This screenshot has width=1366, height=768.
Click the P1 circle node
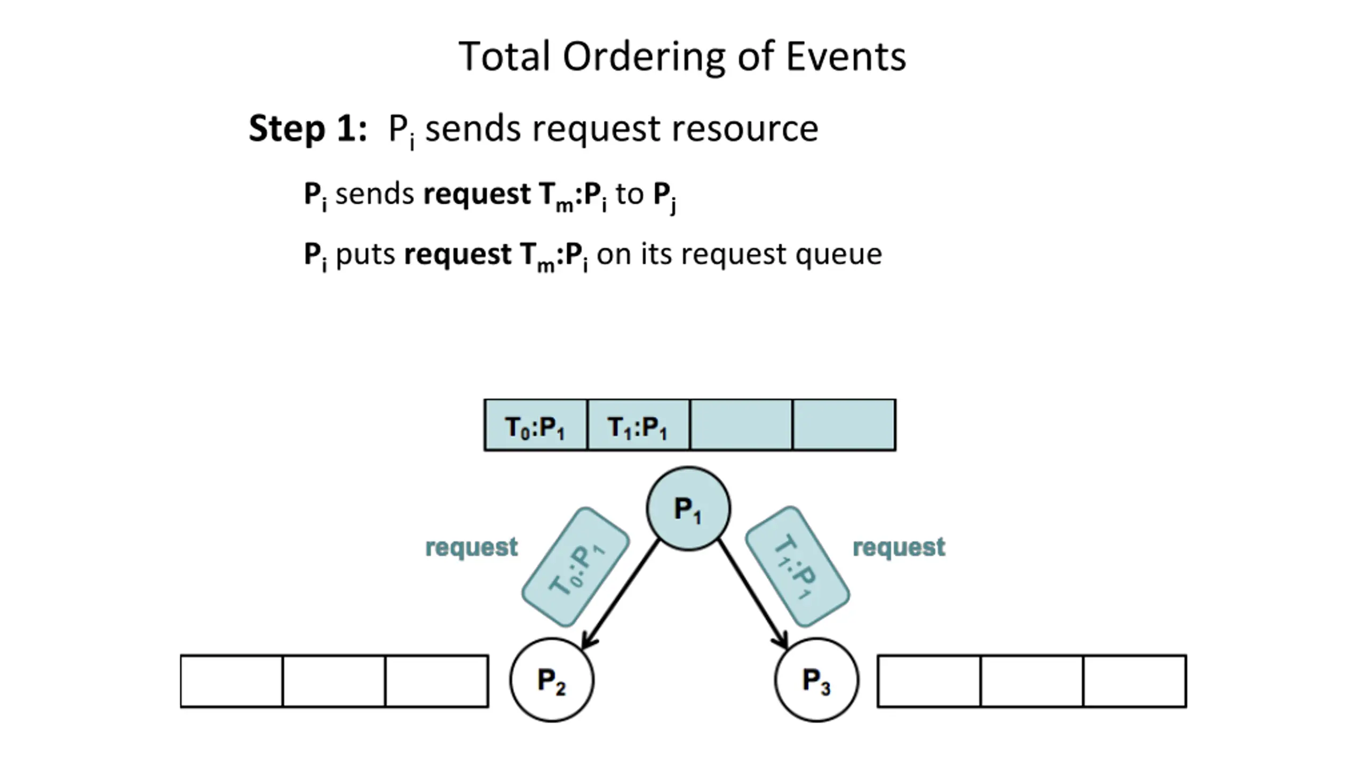click(x=688, y=508)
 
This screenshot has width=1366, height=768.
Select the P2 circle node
click(x=552, y=680)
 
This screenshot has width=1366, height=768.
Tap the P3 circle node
click(x=817, y=680)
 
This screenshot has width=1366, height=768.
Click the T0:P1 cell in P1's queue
click(x=536, y=425)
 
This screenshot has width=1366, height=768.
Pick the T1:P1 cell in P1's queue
click(x=638, y=425)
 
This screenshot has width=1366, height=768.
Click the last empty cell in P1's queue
click(x=844, y=425)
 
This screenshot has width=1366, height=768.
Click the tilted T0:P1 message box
click(x=576, y=567)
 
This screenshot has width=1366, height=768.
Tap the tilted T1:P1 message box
click(x=797, y=566)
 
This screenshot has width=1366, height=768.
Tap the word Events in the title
click(x=846, y=57)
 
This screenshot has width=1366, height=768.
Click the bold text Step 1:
click(x=308, y=129)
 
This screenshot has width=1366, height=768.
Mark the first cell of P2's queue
click(x=232, y=681)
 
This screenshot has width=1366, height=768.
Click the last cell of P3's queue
click(x=1135, y=681)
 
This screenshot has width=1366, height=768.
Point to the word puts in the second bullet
click(x=366, y=255)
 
